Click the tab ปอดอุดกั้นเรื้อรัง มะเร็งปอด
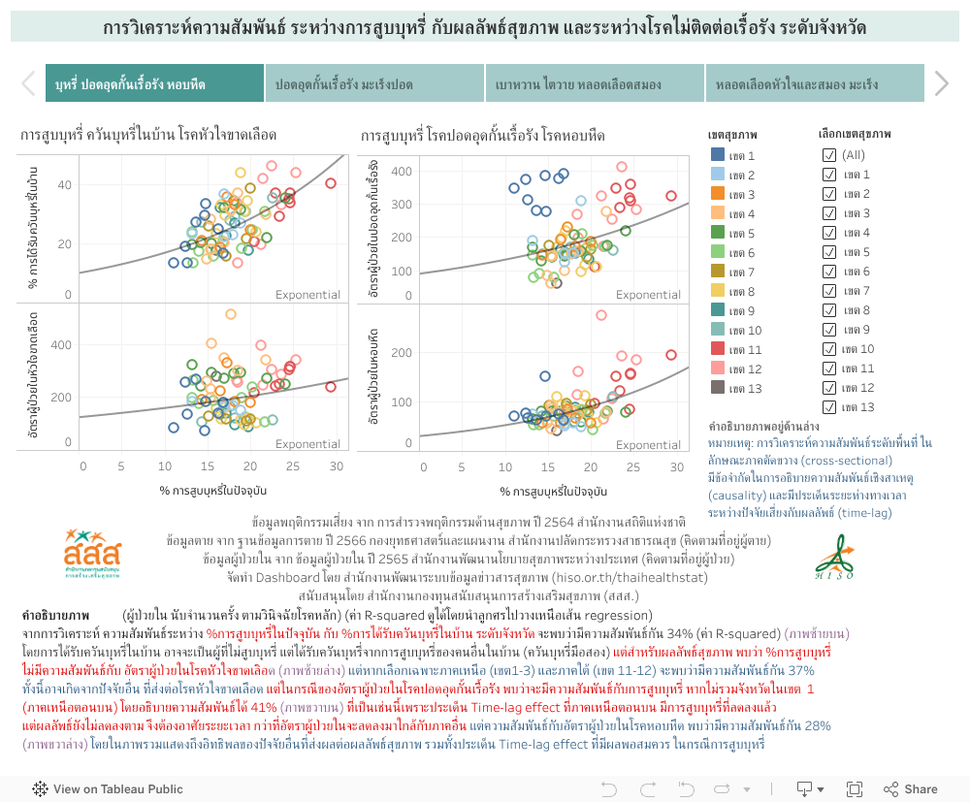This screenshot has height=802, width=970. coord(373,84)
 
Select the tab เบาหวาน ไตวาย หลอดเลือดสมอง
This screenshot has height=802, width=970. coord(595,84)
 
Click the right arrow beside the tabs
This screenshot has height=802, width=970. coord(941,84)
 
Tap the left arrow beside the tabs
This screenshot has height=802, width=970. coord(28,84)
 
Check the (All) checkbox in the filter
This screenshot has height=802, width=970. coord(829,155)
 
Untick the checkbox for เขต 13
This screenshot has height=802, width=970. coord(829,407)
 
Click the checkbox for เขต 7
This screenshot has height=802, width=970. coord(829,291)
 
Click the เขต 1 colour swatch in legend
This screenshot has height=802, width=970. coord(718,155)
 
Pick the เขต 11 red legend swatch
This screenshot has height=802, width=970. coord(718,349)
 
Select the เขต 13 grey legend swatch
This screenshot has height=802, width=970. coord(718,388)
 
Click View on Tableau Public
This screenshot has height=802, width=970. coord(109,789)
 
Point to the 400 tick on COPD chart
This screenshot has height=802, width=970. coord(401,172)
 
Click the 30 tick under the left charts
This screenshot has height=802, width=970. coord(336,466)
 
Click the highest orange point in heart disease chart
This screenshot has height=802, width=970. coord(231,314)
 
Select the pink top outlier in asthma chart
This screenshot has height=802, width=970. coord(601,315)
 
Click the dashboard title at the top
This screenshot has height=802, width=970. coord(485,28)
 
